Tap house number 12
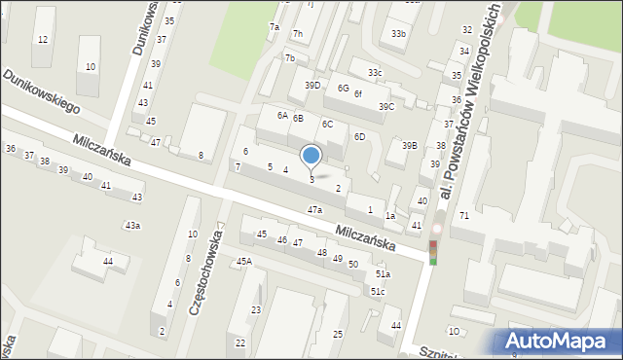(42, 39)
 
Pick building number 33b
(397, 34)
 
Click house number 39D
(312, 86)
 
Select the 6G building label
(343, 88)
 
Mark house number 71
(464, 214)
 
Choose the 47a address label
(314, 210)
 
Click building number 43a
(132, 226)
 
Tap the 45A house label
(243, 261)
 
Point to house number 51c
(378, 292)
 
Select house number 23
(256, 310)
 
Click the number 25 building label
(337, 335)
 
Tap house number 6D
(359, 137)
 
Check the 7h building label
(298, 35)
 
